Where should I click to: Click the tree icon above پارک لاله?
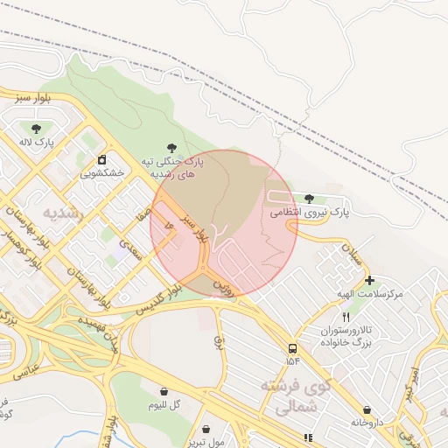point(36,128)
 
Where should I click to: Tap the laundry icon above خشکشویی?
point(102,159)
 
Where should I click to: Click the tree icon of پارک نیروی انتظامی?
point(309,199)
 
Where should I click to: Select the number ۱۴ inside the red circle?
point(170,227)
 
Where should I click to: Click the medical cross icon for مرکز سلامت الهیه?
point(369,281)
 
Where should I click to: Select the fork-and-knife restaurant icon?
point(346,316)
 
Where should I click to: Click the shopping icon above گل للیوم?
point(164,390)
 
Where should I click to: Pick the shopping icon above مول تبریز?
point(206,429)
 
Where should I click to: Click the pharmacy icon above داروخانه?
point(367,409)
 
